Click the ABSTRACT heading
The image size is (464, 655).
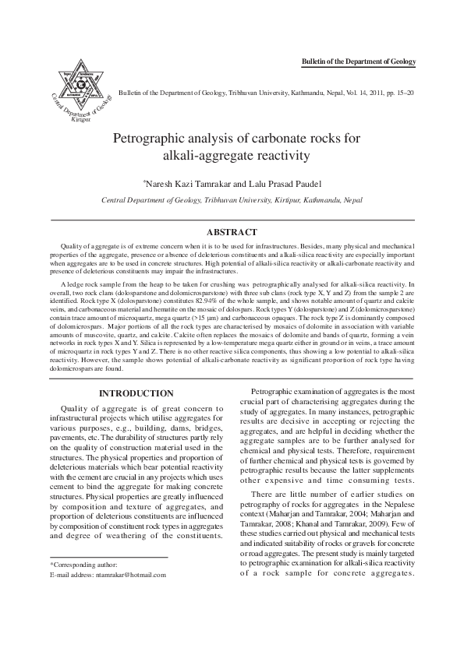click(x=232, y=232)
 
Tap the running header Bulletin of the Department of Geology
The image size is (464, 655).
click(x=359, y=62)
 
